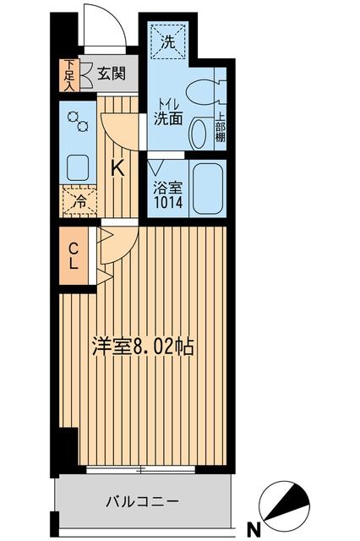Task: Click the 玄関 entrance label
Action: point(110,74)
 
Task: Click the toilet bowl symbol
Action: point(203,91)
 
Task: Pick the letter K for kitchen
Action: point(118,167)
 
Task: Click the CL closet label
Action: point(74,256)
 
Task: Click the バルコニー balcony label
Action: point(141,501)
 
